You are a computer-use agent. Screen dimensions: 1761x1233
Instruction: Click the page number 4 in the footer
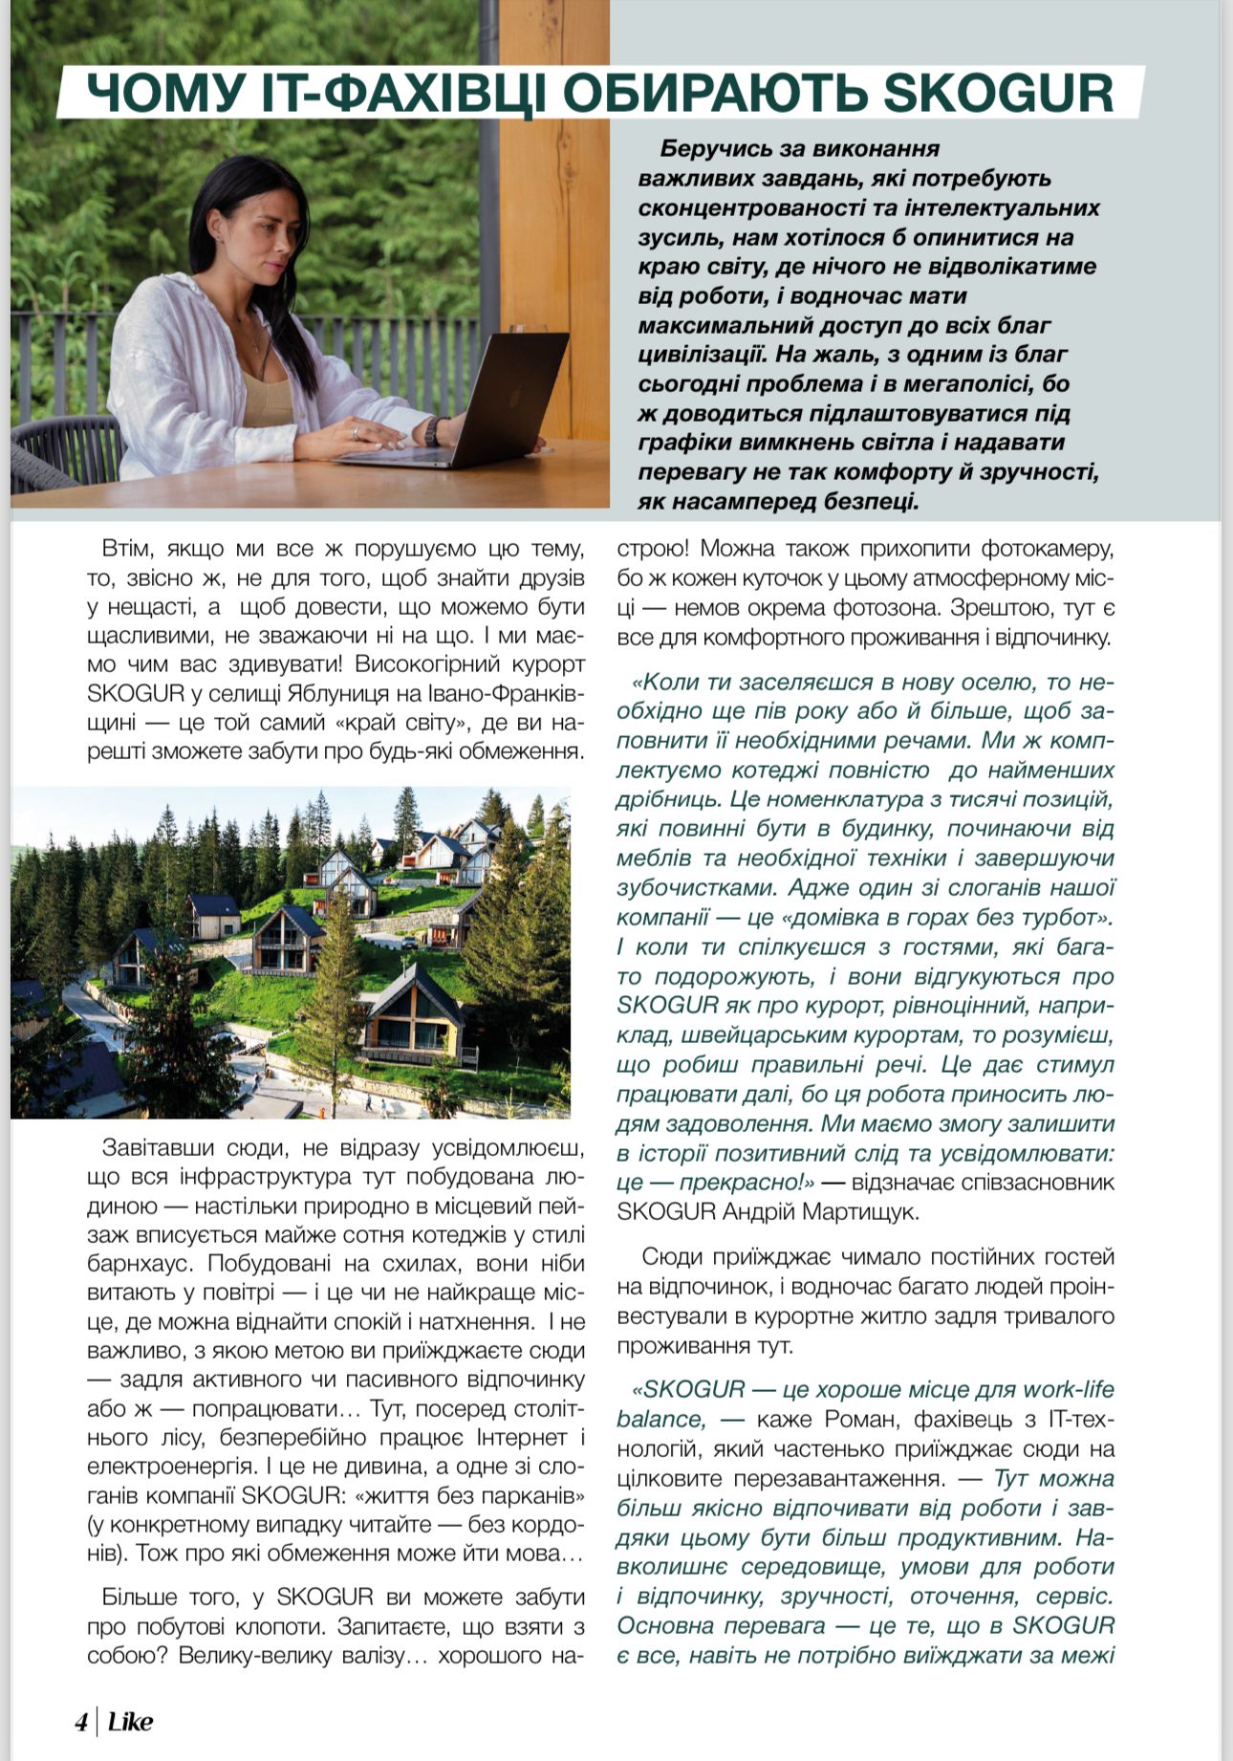pos(81,1722)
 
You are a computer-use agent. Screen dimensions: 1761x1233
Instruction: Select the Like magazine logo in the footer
pos(130,1722)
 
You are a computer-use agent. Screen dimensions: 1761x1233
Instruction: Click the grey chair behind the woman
pos(67,449)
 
